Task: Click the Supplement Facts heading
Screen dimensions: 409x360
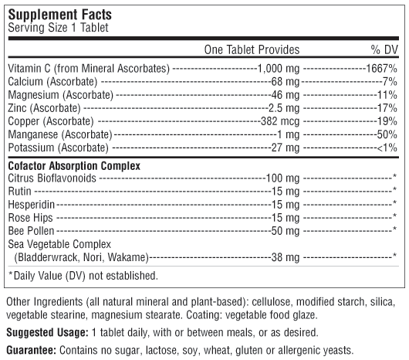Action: click(59, 15)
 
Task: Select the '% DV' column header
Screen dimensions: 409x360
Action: click(384, 49)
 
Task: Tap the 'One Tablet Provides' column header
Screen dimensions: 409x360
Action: click(252, 49)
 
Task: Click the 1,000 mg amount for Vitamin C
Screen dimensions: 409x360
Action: click(279, 69)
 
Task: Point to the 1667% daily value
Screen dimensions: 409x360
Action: click(382, 69)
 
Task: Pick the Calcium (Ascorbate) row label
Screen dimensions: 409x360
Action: click(52, 82)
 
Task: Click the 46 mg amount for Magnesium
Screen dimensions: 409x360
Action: click(286, 95)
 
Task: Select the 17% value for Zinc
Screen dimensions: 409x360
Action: click(387, 108)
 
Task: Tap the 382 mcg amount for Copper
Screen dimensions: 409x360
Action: click(280, 121)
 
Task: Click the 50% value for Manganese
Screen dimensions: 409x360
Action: click(387, 134)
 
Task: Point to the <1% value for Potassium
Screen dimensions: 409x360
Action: click(387, 148)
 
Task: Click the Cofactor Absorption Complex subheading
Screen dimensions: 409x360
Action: click(74, 166)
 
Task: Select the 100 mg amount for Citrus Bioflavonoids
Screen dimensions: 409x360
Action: click(282, 178)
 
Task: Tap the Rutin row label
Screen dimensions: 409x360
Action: click(19, 192)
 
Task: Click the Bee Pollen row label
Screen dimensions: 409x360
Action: click(31, 231)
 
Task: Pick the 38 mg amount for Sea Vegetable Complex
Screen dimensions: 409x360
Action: click(286, 257)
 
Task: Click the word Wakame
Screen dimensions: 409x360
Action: click(127, 257)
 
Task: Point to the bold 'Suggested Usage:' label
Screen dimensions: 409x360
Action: click(48, 333)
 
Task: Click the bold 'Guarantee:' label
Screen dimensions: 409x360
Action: click(32, 350)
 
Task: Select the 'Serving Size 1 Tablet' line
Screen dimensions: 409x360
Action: click(58, 28)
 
